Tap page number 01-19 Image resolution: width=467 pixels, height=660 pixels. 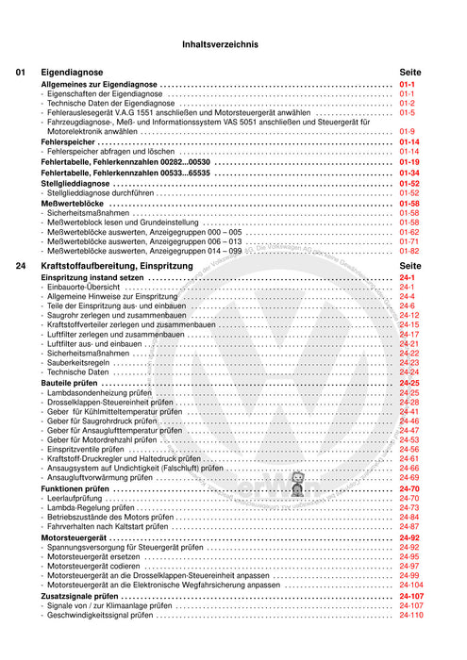(x=409, y=162)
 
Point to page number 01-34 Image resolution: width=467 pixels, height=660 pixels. (x=409, y=173)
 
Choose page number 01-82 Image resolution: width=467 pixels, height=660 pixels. (x=409, y=252)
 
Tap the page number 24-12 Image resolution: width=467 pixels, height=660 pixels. (x=409, y=315)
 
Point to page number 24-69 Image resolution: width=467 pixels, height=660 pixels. (x=409, y=478)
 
